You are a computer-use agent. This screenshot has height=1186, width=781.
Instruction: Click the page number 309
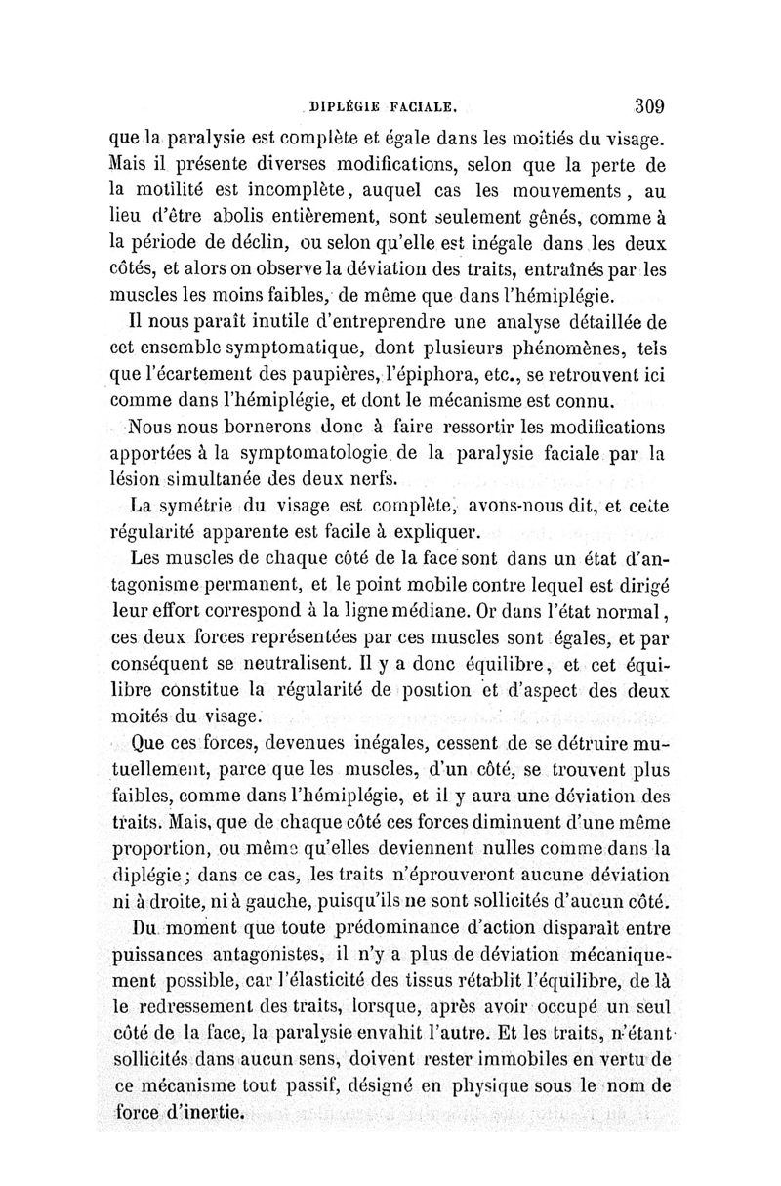point(648,104)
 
